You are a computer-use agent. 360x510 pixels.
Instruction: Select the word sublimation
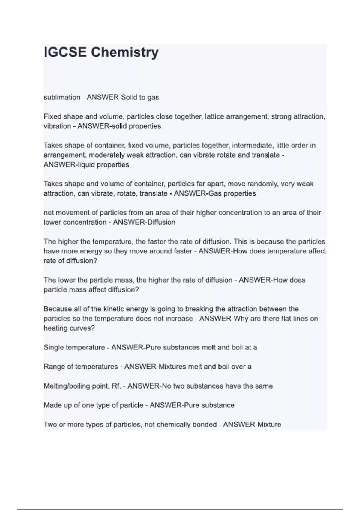[x=62, y=97]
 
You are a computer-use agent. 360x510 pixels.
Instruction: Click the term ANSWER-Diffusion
[x=144, y=222]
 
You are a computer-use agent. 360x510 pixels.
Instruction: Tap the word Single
[x=54, y=347]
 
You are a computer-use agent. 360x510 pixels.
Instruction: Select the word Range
[x=53, y=367]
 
